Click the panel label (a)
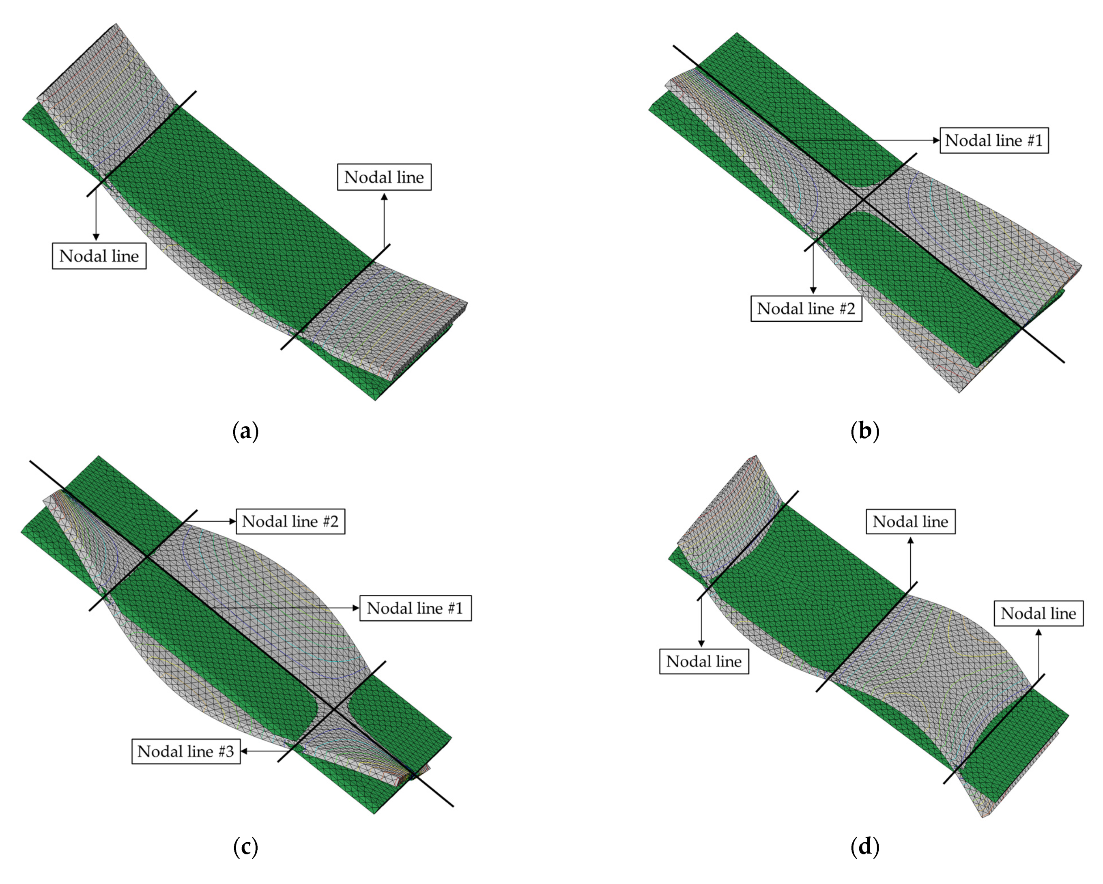point(245,431)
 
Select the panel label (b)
point(864,431)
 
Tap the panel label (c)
point(245,847)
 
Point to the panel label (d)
point(864,847)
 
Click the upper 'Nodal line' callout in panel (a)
point(384,177)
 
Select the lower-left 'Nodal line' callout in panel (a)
point(99,256)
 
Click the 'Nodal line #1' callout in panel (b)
point(993,140)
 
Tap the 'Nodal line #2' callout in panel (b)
point(806,308)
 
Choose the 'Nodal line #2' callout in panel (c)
point(290,521)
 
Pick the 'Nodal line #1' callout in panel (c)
point(415,608)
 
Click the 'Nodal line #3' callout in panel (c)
point(186,751)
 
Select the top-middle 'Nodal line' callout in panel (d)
point(910,521)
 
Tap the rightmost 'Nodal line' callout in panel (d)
point(1038,613)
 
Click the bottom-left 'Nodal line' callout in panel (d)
point(703,661)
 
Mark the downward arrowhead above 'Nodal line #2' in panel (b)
point(813,290)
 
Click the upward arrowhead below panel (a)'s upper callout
point(384,196)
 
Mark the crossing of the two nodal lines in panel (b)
point(862,200)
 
